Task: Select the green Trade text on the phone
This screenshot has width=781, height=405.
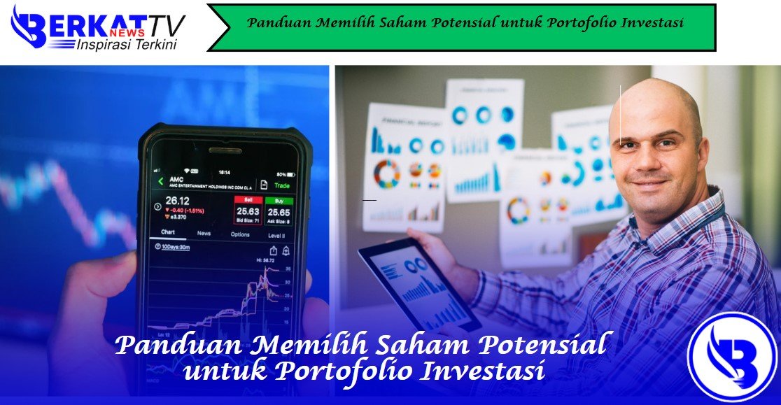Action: coord(282,185)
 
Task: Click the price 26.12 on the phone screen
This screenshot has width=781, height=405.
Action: coord(178,201)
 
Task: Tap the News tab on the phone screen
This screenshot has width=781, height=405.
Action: coord(204,234)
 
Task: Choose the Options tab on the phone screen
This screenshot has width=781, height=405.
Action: coord(240,234)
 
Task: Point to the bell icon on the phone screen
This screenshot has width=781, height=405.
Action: coord(286,250)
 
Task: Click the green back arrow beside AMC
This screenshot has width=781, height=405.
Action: coord(160,182)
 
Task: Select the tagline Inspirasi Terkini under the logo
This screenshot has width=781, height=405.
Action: coord(126,45)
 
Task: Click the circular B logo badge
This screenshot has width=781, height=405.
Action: coord(733,357)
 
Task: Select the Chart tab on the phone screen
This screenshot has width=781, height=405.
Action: coord(168,232)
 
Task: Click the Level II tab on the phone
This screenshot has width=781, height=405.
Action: coord(276,235)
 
